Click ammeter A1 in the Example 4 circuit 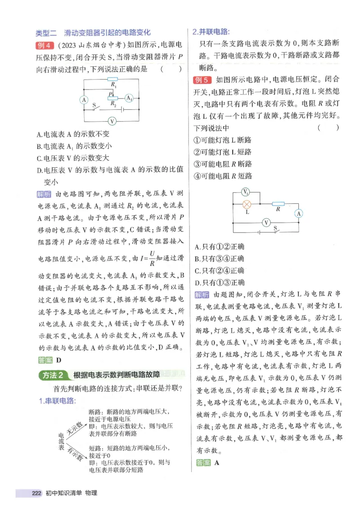click(x=129, y=98)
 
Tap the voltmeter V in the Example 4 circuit click(x=112, y=121)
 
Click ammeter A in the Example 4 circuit click(x=83, y=100)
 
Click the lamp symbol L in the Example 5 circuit click(x=247, y=204)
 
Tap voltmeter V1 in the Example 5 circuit click(x=246, y=192)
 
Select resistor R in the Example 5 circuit click(x=279, y=204)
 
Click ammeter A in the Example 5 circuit click(x=298, y=214)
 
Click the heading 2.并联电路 click(x=211, y=32)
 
